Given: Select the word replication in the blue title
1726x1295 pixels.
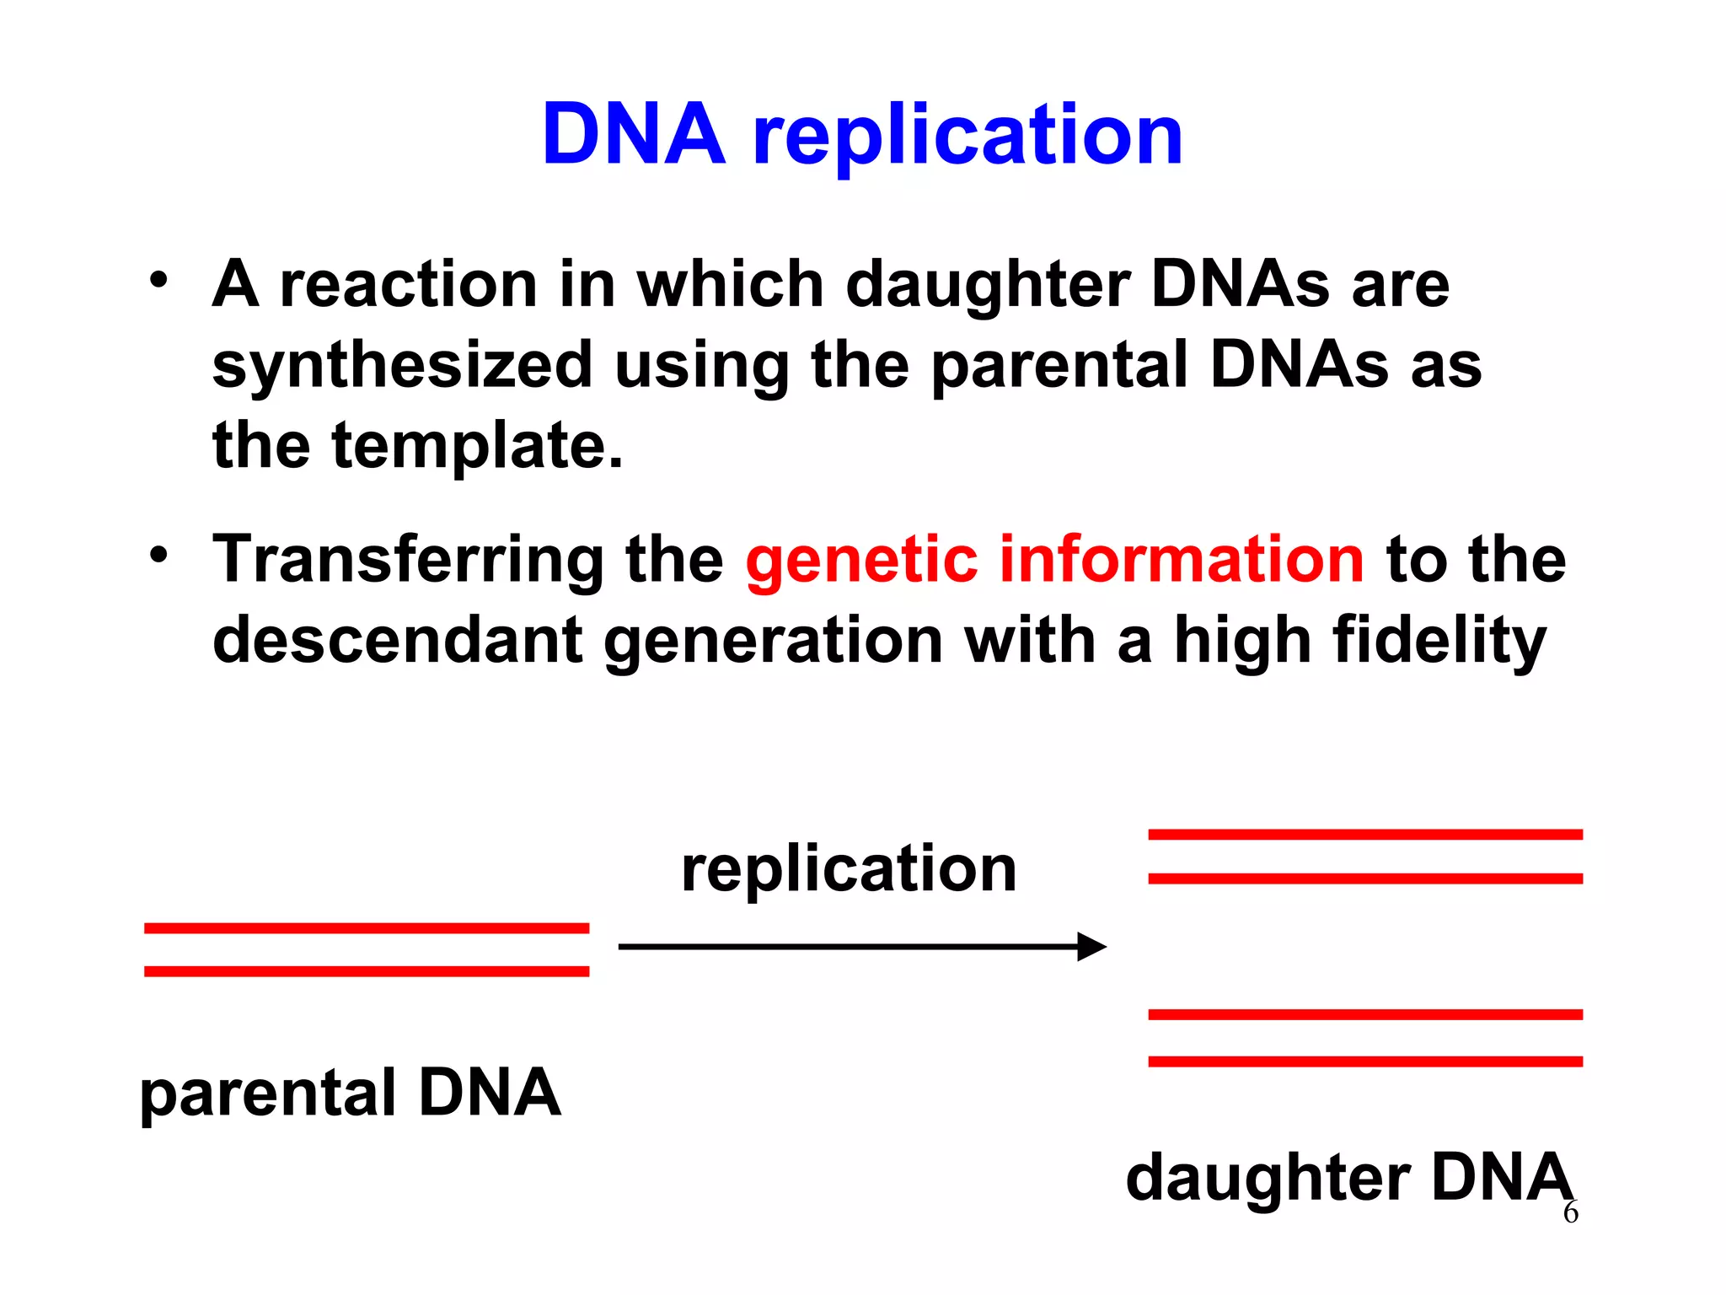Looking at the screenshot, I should (x=968, y=137).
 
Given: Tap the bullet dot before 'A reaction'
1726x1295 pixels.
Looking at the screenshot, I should (x=158, y=281).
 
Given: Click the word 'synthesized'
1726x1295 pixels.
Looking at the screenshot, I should (x=402, y=366).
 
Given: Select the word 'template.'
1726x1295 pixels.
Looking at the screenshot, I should (x=477, y=447).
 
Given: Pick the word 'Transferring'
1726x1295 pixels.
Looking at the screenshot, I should (x=408, y=561).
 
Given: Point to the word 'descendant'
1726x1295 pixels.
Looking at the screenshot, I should (x=397, y=640).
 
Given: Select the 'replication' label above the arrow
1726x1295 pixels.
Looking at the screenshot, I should (x=849, y=870).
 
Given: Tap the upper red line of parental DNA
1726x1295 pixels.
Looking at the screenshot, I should (x=367, y=928).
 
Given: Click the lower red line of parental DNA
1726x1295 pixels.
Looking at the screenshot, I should (x=367, y=971).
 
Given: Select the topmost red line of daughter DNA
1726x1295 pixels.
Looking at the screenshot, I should (x=1365, y=835).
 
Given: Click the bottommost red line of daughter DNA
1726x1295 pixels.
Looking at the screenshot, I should (x=1365, y=1061).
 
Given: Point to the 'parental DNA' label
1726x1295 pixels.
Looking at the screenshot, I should (x=350, y=1093).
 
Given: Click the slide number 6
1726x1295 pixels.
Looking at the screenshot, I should (x=1570, y=1213).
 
